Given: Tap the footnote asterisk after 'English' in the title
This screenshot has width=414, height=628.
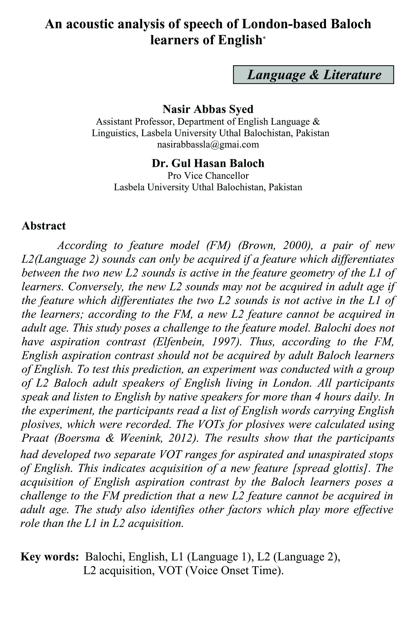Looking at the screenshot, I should [x=264, y=38].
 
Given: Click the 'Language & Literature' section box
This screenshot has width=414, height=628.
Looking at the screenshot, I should [x=313, y=75].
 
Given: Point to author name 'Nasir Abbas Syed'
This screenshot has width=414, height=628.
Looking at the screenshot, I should [x=208, y=109].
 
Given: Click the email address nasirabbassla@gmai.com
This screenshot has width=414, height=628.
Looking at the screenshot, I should [x=208, y=145].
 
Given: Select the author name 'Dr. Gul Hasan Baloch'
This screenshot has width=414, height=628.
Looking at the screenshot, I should [x=208, y=163].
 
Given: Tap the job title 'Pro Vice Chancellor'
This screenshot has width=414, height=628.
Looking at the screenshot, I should [x=208, y=175].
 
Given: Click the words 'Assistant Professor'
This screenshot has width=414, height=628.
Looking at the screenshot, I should [x=134, y=122].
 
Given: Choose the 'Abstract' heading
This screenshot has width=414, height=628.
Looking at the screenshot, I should [x=44, y=226].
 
